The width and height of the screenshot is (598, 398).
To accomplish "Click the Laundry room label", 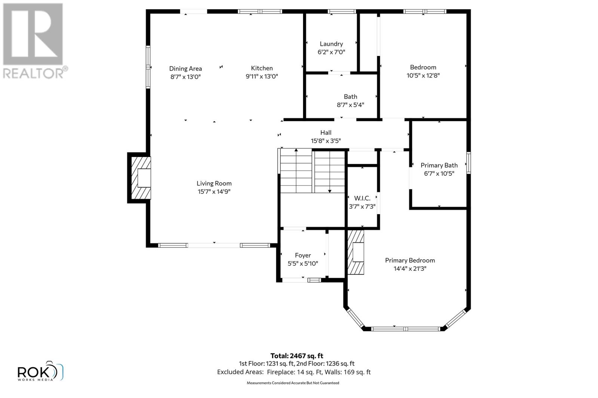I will (331, 44).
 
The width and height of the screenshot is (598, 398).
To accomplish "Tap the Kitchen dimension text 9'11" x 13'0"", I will (262, 76).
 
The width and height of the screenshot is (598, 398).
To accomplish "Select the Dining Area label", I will (185, 69).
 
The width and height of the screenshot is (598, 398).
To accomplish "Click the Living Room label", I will (214, 184).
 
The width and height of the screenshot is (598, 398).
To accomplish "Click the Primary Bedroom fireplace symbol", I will (356, 253).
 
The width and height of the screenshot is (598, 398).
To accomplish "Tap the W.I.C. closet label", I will (362, 198).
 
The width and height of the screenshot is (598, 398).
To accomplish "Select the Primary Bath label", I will (439, 165).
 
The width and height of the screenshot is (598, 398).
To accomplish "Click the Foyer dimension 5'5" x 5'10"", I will (303, 264).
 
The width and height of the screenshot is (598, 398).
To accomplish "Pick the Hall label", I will (326, 133).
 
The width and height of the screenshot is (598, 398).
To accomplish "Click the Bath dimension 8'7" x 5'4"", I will (350, 105).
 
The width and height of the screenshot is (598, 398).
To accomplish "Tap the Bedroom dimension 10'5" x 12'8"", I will (423, 75).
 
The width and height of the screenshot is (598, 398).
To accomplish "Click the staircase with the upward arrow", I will (296, 170).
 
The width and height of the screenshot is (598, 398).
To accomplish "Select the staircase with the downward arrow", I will (329, 170).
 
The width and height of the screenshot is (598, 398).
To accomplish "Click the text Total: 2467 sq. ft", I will (297, 356).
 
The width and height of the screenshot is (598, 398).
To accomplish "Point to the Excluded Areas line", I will (294, 372).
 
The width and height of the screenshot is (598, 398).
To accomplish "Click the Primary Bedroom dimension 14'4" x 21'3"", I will (410, 269).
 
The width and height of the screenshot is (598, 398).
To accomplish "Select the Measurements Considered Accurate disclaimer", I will (293, 383).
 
